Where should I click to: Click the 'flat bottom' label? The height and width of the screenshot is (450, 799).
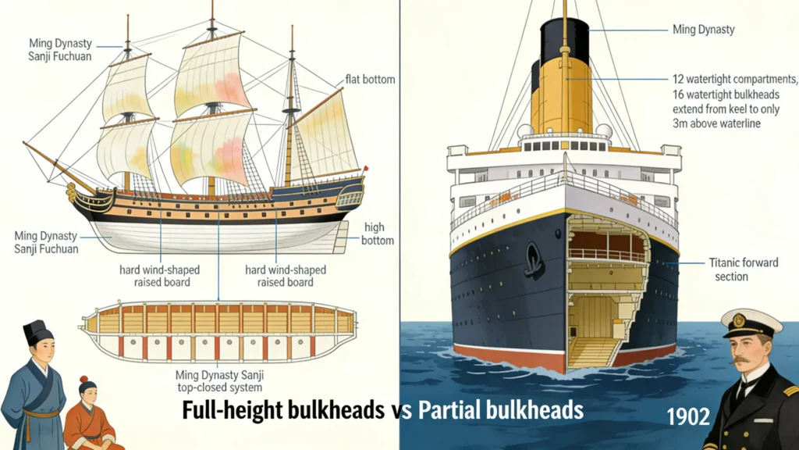point(370,80)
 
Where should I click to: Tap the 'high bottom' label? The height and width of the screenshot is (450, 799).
point(377,234)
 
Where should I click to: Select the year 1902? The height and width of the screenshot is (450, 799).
point(688,416)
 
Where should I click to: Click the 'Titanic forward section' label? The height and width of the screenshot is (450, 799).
point(743,270)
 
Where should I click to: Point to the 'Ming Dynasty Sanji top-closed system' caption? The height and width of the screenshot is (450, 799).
point(218,380)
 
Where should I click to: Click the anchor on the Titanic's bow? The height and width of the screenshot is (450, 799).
point(534,261)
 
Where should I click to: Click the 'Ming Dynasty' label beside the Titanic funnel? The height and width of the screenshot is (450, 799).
point(703,30)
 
